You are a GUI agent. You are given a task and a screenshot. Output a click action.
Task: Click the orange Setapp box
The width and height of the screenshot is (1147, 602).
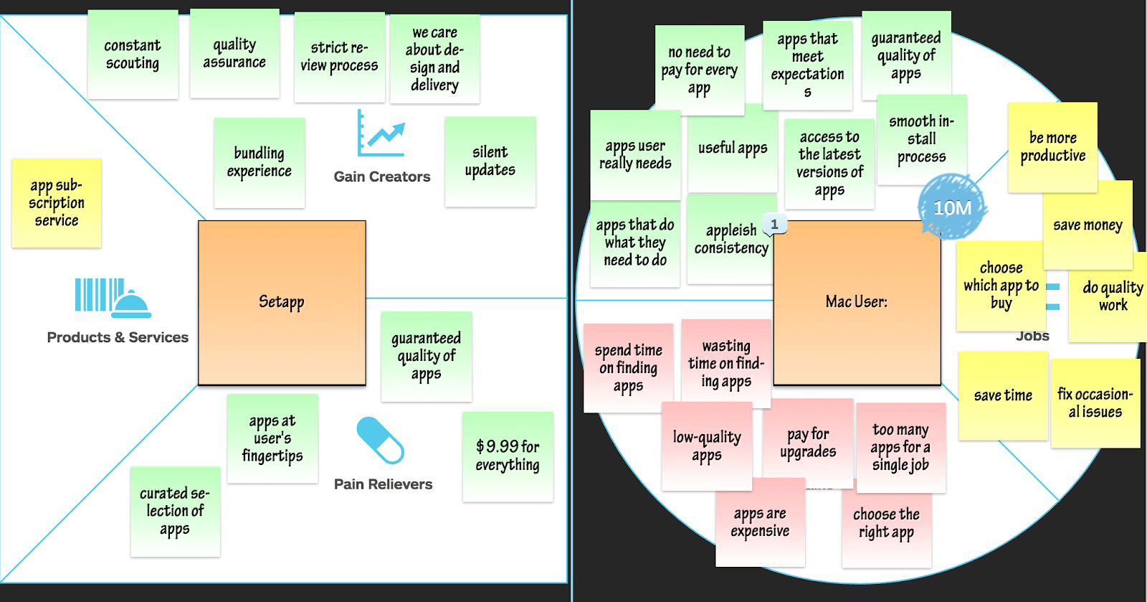[282, 303]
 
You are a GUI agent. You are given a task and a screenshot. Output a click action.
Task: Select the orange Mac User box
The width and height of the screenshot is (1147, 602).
[857, 303]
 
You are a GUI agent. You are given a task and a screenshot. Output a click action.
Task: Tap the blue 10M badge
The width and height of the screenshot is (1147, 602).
[952, 207]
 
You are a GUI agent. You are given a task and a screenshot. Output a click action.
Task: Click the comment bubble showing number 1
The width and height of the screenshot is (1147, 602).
[774, 224]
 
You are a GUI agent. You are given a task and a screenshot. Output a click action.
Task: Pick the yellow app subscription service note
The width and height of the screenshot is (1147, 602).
[57, 203]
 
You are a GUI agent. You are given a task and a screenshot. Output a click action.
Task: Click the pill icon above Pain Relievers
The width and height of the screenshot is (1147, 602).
[381, 440]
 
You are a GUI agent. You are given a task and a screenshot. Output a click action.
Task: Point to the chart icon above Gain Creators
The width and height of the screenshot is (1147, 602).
[381, 134]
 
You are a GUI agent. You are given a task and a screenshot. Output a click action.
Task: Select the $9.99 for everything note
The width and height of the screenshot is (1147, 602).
[508, 456]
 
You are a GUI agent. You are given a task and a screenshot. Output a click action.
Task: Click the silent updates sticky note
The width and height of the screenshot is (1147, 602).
[490, 162]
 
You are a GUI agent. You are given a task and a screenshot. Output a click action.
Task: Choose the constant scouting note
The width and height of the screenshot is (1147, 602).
[133, 55]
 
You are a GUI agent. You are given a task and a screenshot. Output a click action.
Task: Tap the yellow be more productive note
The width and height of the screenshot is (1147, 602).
[1052, 147]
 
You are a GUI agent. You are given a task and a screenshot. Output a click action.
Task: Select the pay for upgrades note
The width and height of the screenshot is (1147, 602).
[808, 443]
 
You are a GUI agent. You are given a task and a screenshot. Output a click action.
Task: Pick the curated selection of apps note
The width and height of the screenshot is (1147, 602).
[175, 511]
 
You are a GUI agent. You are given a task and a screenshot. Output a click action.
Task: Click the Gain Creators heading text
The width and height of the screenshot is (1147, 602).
[382, 177]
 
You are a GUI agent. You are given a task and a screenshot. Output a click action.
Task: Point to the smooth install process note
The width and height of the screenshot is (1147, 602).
[921, 139]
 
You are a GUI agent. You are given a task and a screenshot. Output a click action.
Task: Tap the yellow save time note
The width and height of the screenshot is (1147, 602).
[1003, 395]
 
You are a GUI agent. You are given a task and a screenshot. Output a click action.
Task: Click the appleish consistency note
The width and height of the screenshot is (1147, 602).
[730, 240]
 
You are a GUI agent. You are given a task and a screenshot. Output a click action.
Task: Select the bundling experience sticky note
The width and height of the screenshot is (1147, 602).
[260, 163]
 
